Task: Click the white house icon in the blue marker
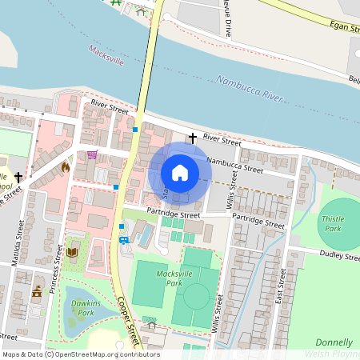coord(180,172)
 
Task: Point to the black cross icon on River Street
coord(192,138)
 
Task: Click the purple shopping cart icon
coord(92,154)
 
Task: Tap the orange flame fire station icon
coord(65,168)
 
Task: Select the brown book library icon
coord(72,253)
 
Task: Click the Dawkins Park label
coord(80,307)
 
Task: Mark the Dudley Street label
coord(341,256)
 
